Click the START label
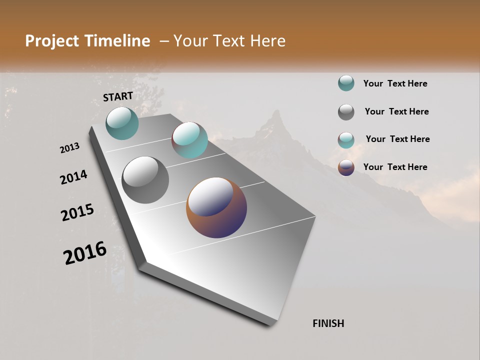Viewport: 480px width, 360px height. point(118,96)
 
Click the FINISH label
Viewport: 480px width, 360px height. point(328,323)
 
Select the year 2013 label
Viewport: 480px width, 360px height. point(69,148)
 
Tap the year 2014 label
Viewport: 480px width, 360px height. point(73,177)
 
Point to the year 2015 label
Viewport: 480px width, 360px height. point(77,213)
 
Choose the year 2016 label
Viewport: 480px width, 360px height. point(85,253)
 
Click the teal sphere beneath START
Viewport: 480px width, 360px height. point(122,123)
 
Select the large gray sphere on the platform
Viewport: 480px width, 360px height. point(145,179)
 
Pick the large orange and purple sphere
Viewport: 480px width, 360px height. point(216,207)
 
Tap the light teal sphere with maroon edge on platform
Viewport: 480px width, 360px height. point(189,140)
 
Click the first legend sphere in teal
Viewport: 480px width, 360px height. point(346,83)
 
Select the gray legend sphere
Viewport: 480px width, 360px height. point(346,112)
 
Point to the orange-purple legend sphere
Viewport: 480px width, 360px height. point(346,167)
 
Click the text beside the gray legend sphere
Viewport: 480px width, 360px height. point(396,111)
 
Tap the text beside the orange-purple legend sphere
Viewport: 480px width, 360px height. point(395,167)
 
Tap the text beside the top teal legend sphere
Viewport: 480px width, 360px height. point(395,83)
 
